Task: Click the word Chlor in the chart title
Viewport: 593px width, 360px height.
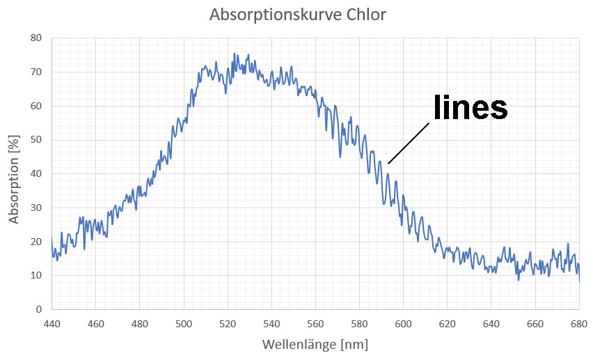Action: (x=363, y=15)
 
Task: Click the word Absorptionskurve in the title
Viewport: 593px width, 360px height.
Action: (x=271, y=15)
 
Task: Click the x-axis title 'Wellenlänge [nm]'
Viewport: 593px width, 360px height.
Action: (x=315, y=345)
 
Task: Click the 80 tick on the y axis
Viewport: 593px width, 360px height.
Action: (x=36, y=38)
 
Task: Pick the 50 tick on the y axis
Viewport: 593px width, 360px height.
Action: (x=36, y=139)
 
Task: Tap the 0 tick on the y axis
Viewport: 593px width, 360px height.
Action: (x=39, y=309)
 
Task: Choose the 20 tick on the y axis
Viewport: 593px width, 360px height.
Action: (x=36, y=242)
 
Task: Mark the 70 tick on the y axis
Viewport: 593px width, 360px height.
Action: (x=36, y=72)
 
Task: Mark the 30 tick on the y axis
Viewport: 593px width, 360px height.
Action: (x=36, y=208)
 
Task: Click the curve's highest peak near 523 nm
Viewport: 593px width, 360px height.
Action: (x=234, y=54)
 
